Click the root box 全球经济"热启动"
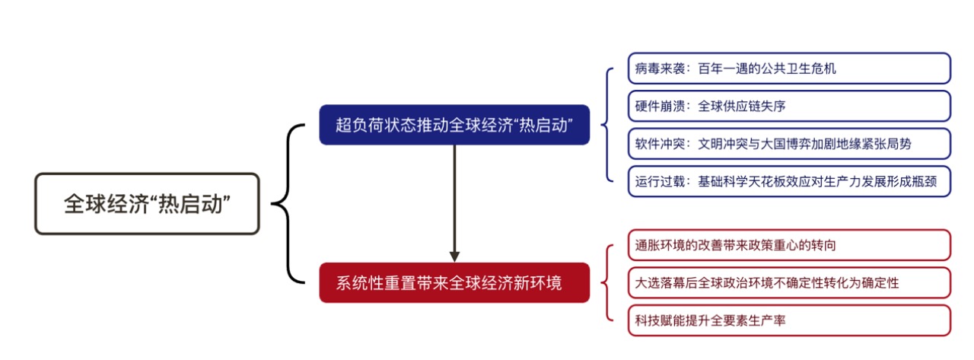pos(147,204)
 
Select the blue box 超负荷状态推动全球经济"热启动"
pos(454,125)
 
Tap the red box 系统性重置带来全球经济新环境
pos(454,282)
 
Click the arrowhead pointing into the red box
pos(454,256)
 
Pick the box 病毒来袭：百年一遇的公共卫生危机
pos(789,68)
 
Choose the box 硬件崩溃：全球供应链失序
pos(789,106)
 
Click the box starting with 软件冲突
pos(789,144)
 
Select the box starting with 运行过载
pos(789,181)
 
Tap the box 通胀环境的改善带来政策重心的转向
pos(789,245)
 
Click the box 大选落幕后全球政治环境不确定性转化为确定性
pos(789,283)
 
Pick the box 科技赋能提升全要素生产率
pos(789,321)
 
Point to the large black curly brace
pos(288,203)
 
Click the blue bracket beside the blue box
pos(607,125)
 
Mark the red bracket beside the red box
pos(607,282)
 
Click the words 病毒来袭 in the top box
pos(660,68)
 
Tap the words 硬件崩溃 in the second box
pos(660,107)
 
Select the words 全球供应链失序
pos(742,107)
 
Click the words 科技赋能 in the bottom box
pos(660,321)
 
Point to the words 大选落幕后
pos(666,283)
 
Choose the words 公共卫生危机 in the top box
pos(798,68)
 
